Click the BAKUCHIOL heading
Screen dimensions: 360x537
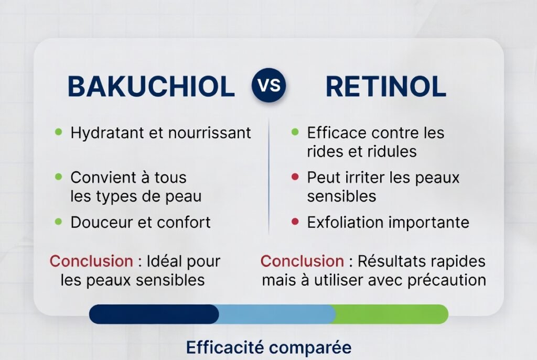tap(151, 87)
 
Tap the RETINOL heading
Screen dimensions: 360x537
tap(385, 87)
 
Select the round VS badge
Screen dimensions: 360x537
tap(269, 86)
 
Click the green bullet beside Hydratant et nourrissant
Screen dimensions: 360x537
tap(59, 132)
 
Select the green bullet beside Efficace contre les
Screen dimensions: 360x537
tap(295, 132)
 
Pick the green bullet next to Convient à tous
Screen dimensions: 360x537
tap(59, 177)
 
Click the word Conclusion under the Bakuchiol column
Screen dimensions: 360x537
tap(91, 261)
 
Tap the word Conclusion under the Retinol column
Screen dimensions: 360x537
tap(302, 261)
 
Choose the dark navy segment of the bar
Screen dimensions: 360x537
tap(154, 314)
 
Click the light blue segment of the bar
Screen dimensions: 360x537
tap(276, 314)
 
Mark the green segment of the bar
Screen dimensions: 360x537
tap(391, 314)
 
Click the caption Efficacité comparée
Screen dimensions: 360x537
tap(268, 347)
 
